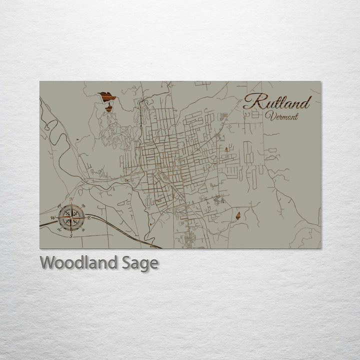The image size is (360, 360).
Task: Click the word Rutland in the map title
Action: [x=276, y=102]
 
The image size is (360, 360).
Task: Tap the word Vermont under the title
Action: [x=282, y=116]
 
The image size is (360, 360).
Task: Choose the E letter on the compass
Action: [x=89, y=218]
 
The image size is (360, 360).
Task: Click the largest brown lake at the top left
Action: [x=106, y=96]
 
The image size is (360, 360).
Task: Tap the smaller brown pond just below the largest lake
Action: [x=108, y=107]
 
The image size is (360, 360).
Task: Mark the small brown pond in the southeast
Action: [x=238, y=215]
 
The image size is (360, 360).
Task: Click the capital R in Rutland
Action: [x=251, y=101]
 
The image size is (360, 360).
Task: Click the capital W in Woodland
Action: [x=46, y=262]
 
